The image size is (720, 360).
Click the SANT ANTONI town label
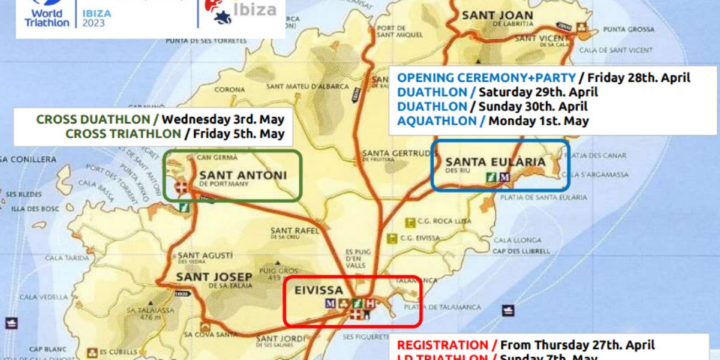pos(243,176)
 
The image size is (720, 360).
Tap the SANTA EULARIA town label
pos(495,162)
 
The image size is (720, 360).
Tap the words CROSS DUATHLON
pos(98,119)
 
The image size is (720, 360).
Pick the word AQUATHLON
pos(434,120)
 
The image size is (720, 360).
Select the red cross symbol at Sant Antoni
pos(181,188)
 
